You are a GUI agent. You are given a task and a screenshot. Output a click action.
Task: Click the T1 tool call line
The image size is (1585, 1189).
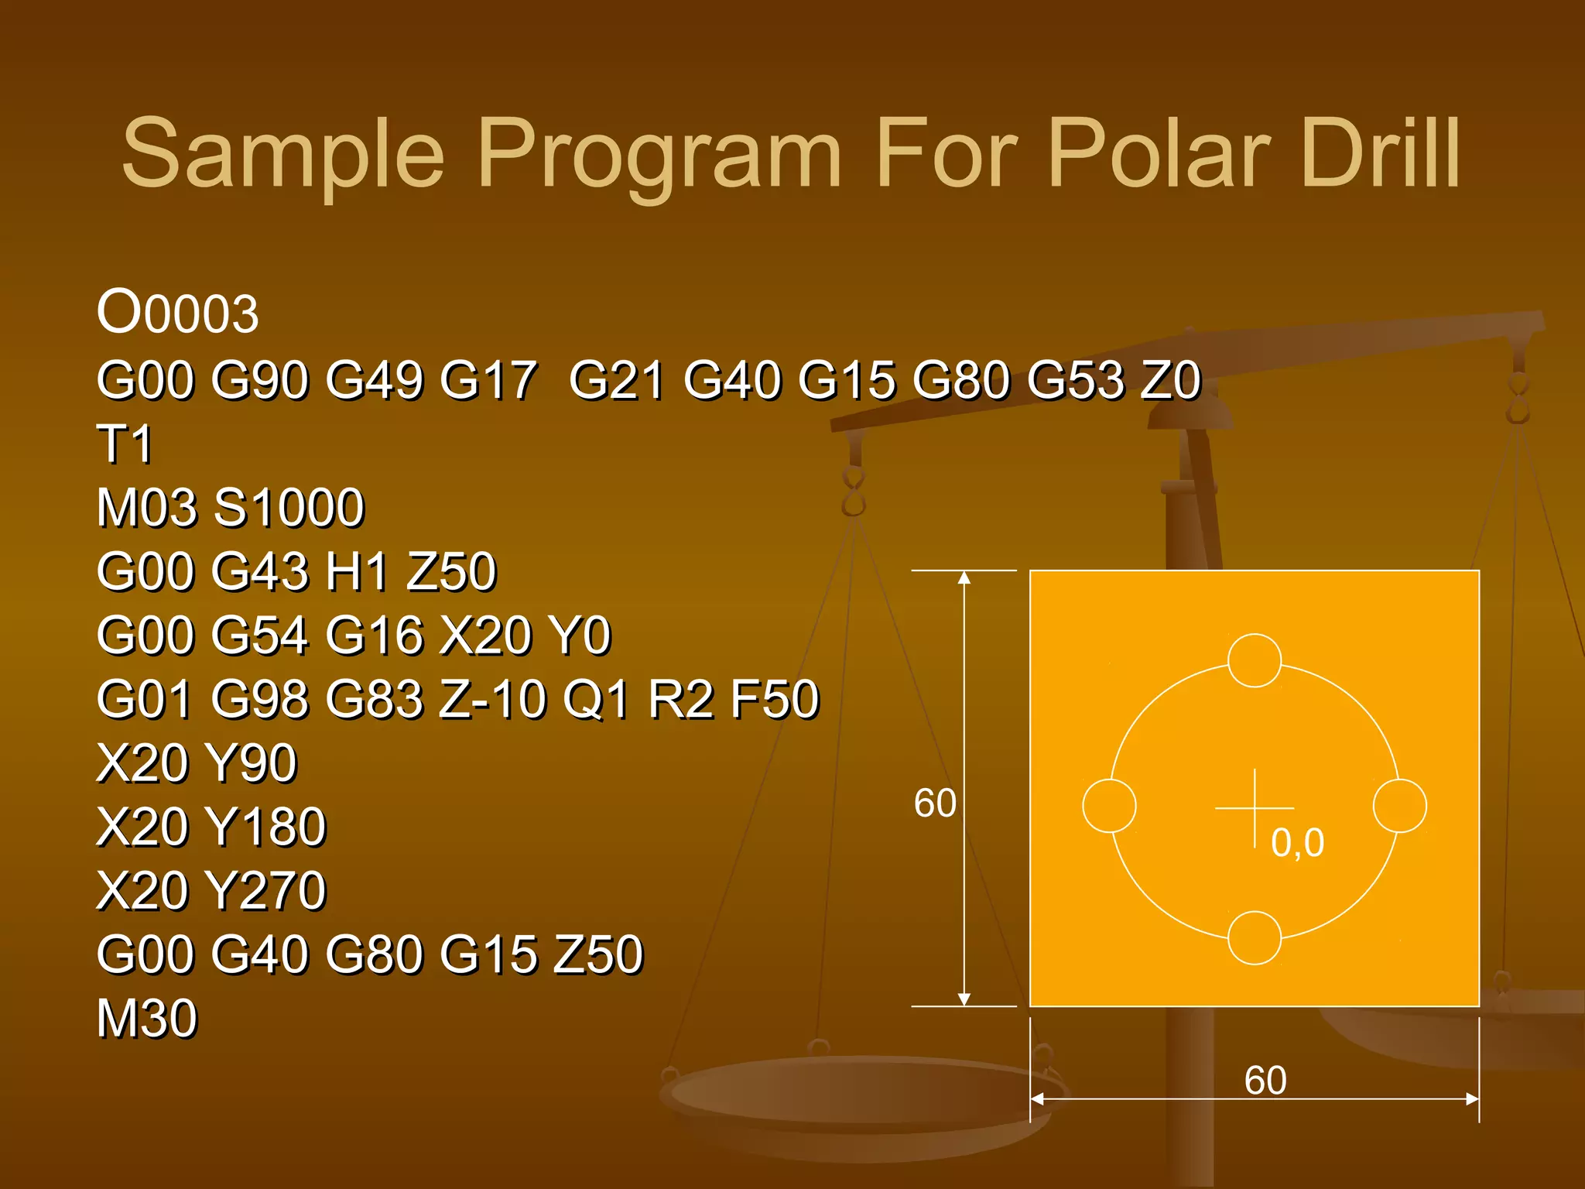pos(125,444)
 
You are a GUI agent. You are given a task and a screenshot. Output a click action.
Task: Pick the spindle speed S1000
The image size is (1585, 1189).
pos(289,508)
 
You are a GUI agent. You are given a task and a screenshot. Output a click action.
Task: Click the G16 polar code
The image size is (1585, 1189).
pos(374,636)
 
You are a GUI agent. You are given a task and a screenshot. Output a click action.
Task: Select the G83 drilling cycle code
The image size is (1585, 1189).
pos(374,699)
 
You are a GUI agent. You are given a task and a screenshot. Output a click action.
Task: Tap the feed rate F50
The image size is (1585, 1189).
pos(775,699)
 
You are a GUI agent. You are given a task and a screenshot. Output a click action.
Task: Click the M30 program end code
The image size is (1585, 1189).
pos(147,1018)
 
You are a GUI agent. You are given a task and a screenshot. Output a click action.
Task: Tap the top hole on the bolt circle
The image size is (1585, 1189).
pos(1255,660)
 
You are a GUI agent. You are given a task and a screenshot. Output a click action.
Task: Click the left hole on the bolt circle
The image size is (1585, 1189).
pos(1109,806)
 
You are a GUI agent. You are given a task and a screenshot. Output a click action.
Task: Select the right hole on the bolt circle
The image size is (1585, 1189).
pos(1400,806)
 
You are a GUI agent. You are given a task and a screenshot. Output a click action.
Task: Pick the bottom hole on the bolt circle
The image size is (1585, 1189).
pos(1255,937)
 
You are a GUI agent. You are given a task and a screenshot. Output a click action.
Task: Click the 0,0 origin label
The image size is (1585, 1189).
pos(1298,842)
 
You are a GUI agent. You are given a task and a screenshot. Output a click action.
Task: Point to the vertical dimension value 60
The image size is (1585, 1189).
pos(935,803)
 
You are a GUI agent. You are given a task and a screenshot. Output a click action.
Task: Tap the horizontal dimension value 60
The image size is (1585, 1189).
pos(1265,1080)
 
